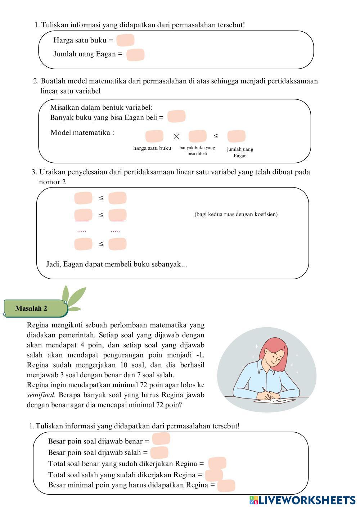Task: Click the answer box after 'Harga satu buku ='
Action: tap(125, 40)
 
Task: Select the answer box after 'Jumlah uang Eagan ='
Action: tap(135, 55)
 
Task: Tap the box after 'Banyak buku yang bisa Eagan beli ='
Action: tap(176, 116)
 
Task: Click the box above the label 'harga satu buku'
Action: tap(154, 136)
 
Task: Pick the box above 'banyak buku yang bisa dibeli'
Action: tap(197, 136)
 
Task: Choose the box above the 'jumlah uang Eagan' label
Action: tap(236, 136)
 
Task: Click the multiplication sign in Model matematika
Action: tap(176, 136)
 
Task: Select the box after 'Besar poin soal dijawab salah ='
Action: tap(159, 452)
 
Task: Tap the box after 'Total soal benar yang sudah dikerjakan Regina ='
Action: tap(217, 463)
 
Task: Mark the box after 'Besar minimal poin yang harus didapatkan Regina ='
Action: tap(226, 486)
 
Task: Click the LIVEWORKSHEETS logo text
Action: tap(306, 500)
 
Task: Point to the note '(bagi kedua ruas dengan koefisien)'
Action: tap(236, 215)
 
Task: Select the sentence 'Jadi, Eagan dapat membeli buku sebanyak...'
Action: tap(116, 264)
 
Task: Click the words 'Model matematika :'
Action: tap(82, 132)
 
